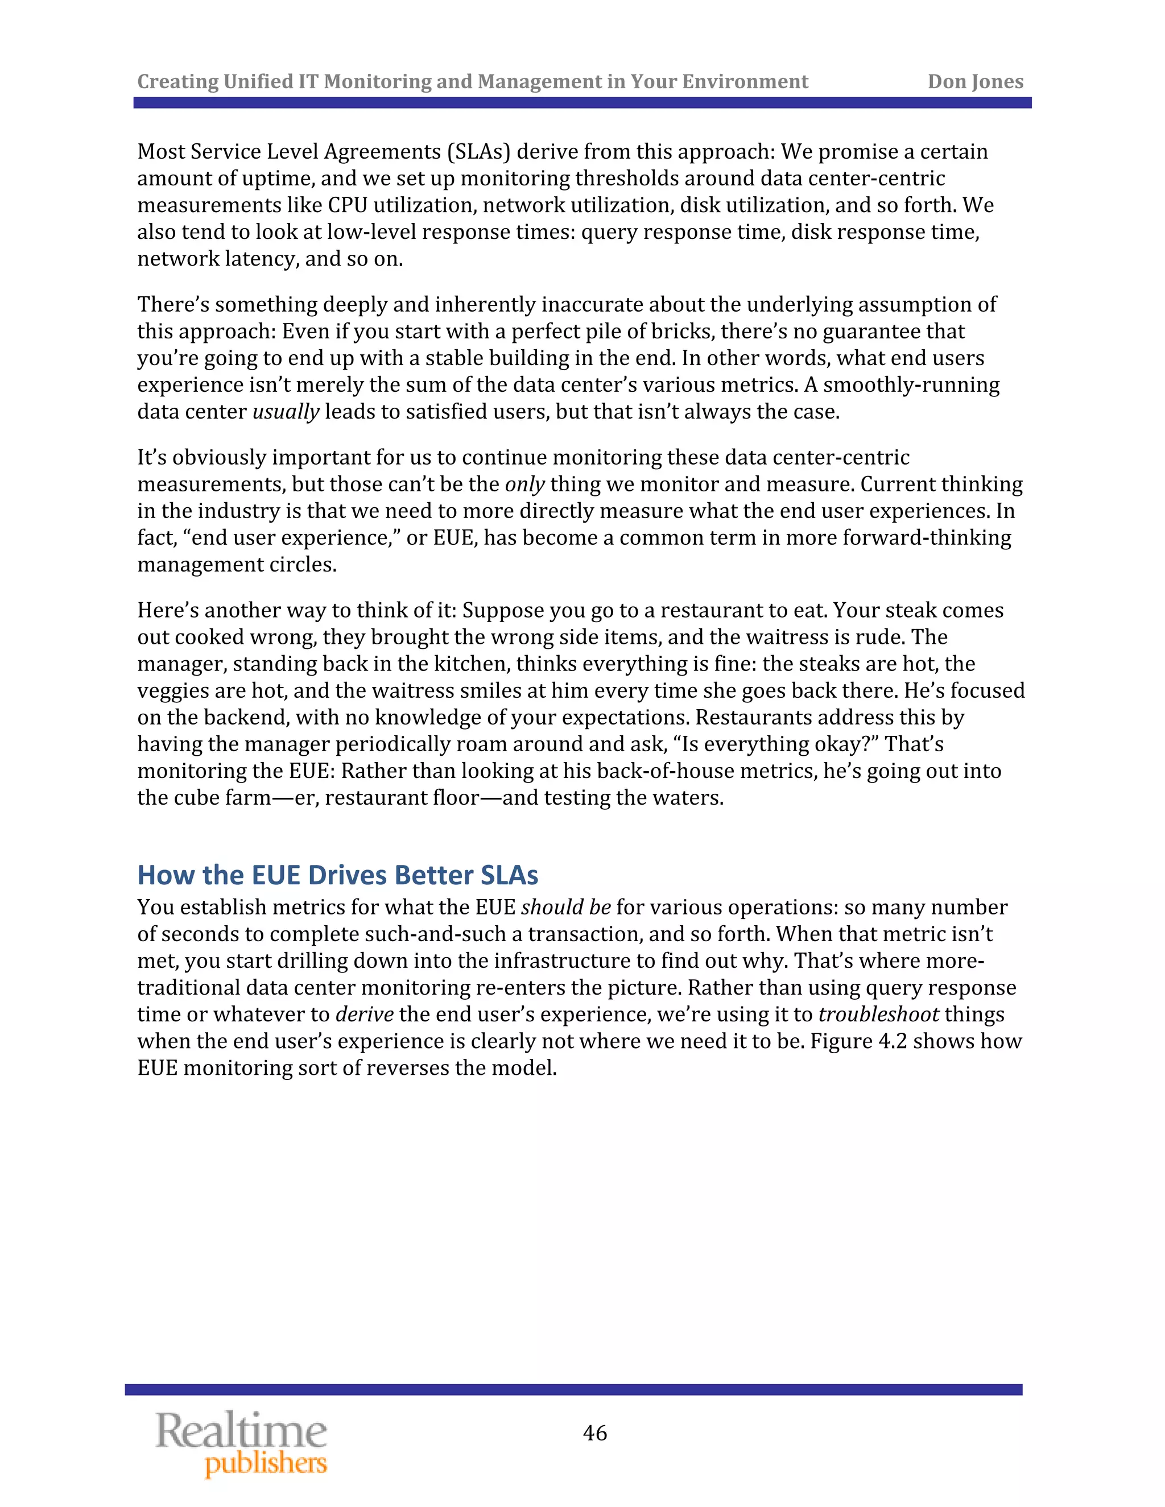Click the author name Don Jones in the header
[x=974, y=81]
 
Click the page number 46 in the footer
[x=594, y=1433]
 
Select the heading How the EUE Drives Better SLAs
[x=337, y=875]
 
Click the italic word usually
[x=286, y=412]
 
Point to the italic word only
[x=524, y=485]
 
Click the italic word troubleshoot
[x=878, y=1015]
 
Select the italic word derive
[x=365, y=1015]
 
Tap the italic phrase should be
[x=566, y=908]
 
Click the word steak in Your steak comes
[x=910, y=611]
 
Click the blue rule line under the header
[x=582, y=103]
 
